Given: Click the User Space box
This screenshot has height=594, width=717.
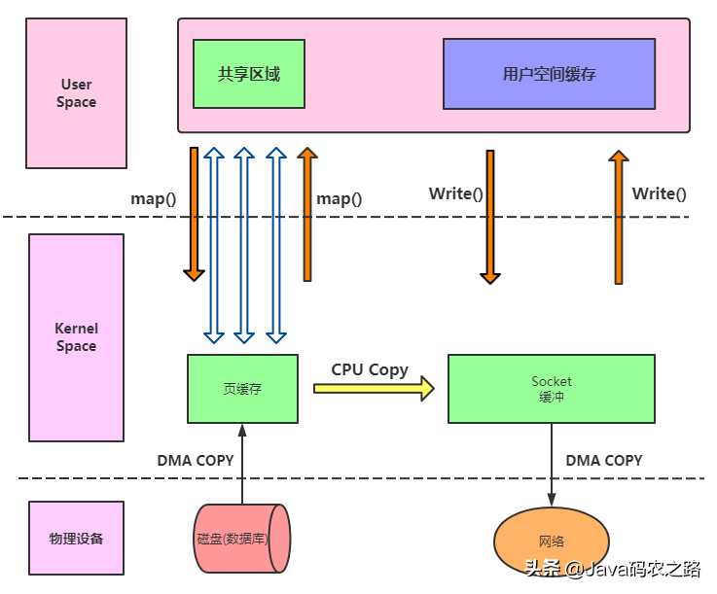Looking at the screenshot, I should pos(76,93).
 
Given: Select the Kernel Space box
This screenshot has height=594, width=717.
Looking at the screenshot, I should pos(76,337).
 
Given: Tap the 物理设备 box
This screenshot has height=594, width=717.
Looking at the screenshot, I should pos(76,538).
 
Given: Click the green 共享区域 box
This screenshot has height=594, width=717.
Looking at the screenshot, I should pos(249,74).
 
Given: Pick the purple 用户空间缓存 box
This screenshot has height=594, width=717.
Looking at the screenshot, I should pos(549,74).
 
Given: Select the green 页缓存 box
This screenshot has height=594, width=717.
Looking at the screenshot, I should pos(242,388).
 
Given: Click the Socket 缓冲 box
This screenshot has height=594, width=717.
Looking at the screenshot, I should pos(551,388).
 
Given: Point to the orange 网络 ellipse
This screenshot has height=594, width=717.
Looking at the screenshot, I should pos(551,542).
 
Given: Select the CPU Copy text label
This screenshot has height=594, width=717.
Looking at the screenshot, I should pos(370,369).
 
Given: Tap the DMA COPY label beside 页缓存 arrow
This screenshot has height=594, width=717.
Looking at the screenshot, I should pos(196,460).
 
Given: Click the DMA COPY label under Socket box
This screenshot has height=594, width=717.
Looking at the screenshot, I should pos(603,460).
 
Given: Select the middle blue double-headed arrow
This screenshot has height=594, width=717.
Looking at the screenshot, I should pos(244,245).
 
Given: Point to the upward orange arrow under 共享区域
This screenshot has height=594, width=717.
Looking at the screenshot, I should pos(307,214).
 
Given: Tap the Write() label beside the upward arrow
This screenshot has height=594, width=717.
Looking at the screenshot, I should pos(659,193).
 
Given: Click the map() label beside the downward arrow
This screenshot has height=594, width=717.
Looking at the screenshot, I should pos(154,198).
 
